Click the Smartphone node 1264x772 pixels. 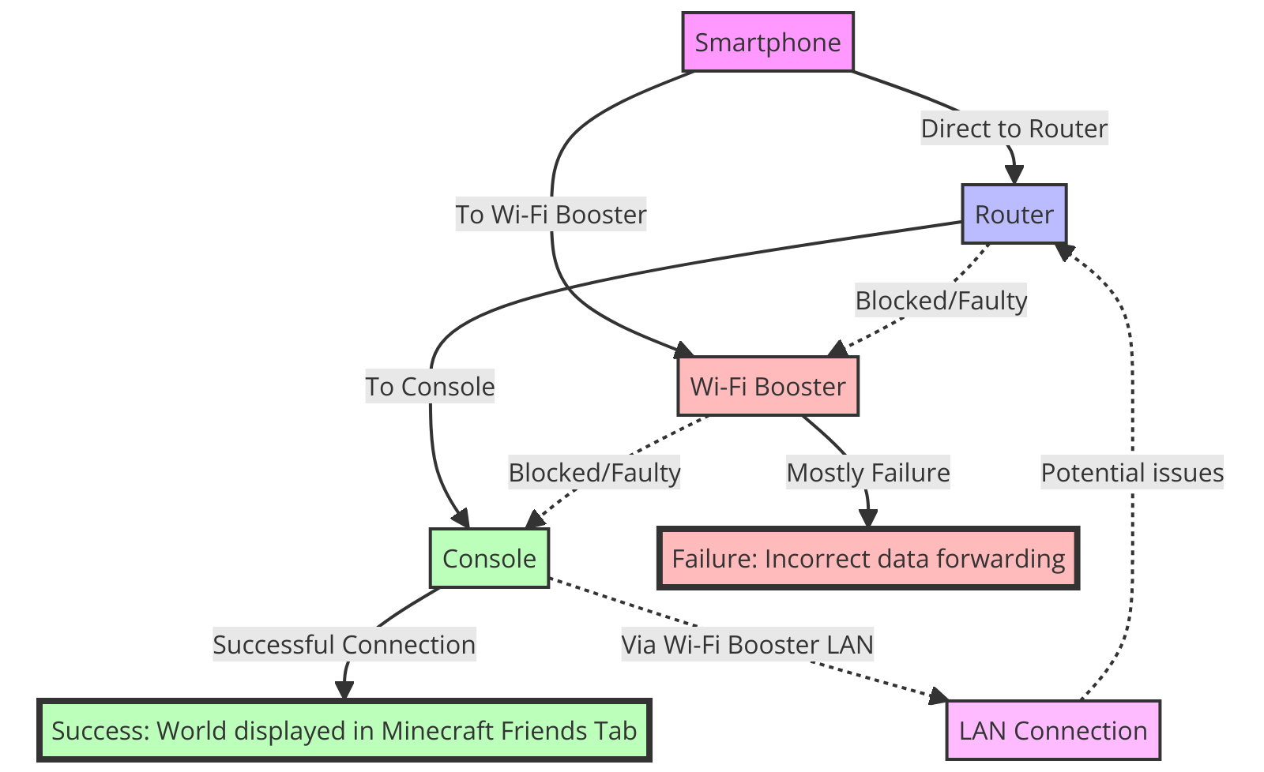click(x=768, y=42)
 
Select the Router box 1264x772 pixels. click(x=1014, y=214)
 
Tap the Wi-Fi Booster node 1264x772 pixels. click(x=768, y=386)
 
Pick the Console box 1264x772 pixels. click(x=489, y=558)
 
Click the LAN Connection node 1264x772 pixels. click(x=1053, y=730)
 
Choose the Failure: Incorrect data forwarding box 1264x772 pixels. click(x=868, y=558)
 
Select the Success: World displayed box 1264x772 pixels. click(x=344, y=730)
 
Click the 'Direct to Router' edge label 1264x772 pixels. click(x=1014, y=128)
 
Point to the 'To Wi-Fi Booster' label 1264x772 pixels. click(x=551, y=214)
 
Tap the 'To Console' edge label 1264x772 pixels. click(x=430, y=386)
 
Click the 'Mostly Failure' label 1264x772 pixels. click(x=868, y=472)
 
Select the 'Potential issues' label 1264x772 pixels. click(x=1132, y=472)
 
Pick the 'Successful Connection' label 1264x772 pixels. click(x=344, y=644)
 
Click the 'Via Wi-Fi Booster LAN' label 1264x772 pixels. click(x=747, y=644)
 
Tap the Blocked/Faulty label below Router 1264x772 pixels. click(x=941, y=300)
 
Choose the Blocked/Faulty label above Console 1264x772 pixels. click(x=594, y=472)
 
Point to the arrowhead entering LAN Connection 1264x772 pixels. click(x=939, y=696)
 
